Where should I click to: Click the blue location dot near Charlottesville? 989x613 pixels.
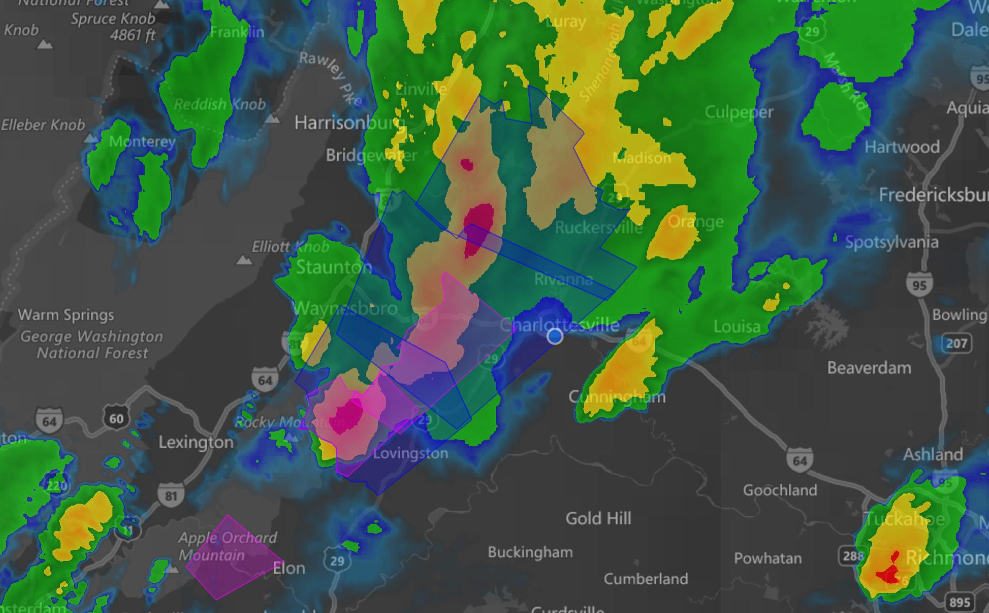pyautogui.click(x=555, y=336)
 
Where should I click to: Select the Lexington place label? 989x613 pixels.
pyautogui.click(x=196, y=442)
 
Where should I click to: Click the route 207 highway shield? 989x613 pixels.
pyautogui.click(x=956, y=344)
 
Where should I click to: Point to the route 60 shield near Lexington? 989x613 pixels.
pyautogui.click(x=116, y=419)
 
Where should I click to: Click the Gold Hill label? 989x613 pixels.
pyautogui.click(x=598, y=518)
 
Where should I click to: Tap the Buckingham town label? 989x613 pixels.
pyautogui.click(x=530, y=552)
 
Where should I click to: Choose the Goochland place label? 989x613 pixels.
pyautogui.click(x=780, y=490)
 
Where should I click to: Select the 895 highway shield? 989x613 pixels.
pyautogui.click(x=959, y=602)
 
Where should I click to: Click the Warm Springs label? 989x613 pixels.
pyautogui.click(x=66, y=315)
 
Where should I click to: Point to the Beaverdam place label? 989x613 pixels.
pyautogui.click(x=869, y=368)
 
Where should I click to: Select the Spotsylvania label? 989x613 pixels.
pyautogui.click(x=892, y=242)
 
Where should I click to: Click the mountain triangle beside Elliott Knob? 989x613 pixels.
pyautogui.click(x=244, y=260)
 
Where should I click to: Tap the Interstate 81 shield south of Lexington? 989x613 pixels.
pyautogui.click(x=171, y=496)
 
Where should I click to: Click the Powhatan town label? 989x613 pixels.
pyautogui.click(x=768, y=558)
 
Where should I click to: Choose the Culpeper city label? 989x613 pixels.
pyautogui.click(x=738, y=112)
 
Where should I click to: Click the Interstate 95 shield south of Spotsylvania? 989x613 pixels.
pyautogui.click(x=919, y=285)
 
